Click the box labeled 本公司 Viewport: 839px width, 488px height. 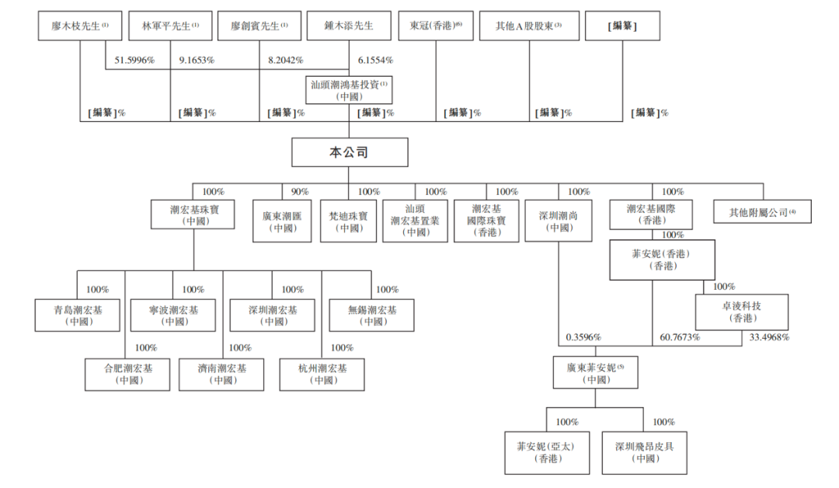350,152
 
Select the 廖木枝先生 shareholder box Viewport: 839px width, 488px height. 78,26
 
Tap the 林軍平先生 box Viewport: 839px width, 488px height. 170,26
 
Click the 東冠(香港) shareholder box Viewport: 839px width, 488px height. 435,26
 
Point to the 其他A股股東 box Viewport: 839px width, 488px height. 528,26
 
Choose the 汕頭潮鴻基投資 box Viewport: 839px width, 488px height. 350,89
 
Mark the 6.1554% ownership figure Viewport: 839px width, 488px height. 375,60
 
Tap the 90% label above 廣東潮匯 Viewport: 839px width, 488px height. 300,191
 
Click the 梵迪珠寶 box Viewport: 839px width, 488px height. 350,221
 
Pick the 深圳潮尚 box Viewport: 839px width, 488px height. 559,221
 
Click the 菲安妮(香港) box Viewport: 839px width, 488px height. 662,260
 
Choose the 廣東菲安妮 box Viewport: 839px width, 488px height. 596,373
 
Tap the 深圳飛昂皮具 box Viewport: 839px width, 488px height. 644,452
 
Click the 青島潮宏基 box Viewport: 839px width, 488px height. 78,314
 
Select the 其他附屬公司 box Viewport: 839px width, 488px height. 762,211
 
